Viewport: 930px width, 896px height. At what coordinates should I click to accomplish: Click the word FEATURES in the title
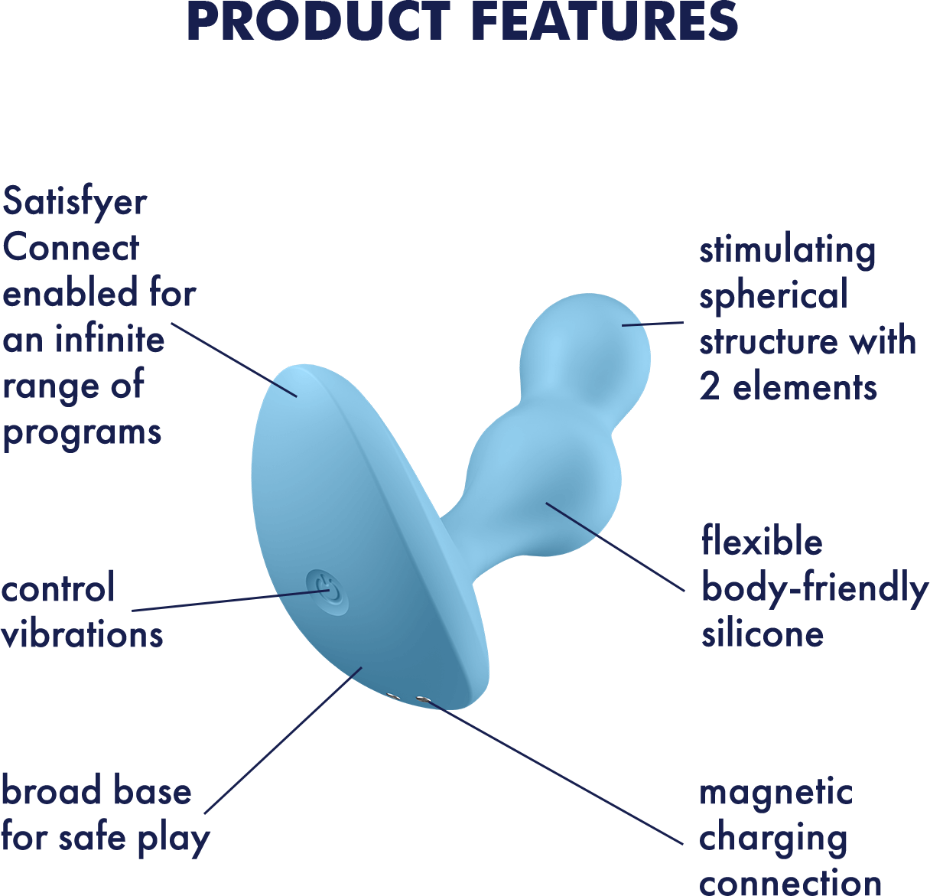(x=607, y=21)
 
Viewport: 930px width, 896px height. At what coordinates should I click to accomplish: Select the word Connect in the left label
(x=70, y=247)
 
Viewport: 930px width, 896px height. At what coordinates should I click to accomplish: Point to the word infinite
(x=110, y=338)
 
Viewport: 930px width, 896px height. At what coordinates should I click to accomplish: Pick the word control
(x=58, y=587)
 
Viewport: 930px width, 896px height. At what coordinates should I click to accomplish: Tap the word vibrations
(x=82, y=633)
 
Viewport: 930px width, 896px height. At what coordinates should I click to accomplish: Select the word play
(x=174, y=840)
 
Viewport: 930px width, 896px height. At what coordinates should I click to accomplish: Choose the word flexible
(x=762, y=539)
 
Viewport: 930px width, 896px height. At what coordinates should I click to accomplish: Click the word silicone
(x=763, y=633)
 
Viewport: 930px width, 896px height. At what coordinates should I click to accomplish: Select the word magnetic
(x=776, y=793)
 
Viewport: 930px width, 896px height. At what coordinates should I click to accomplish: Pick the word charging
(x=773, y=840)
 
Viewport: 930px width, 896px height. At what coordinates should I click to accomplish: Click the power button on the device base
(x=327, y=592)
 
